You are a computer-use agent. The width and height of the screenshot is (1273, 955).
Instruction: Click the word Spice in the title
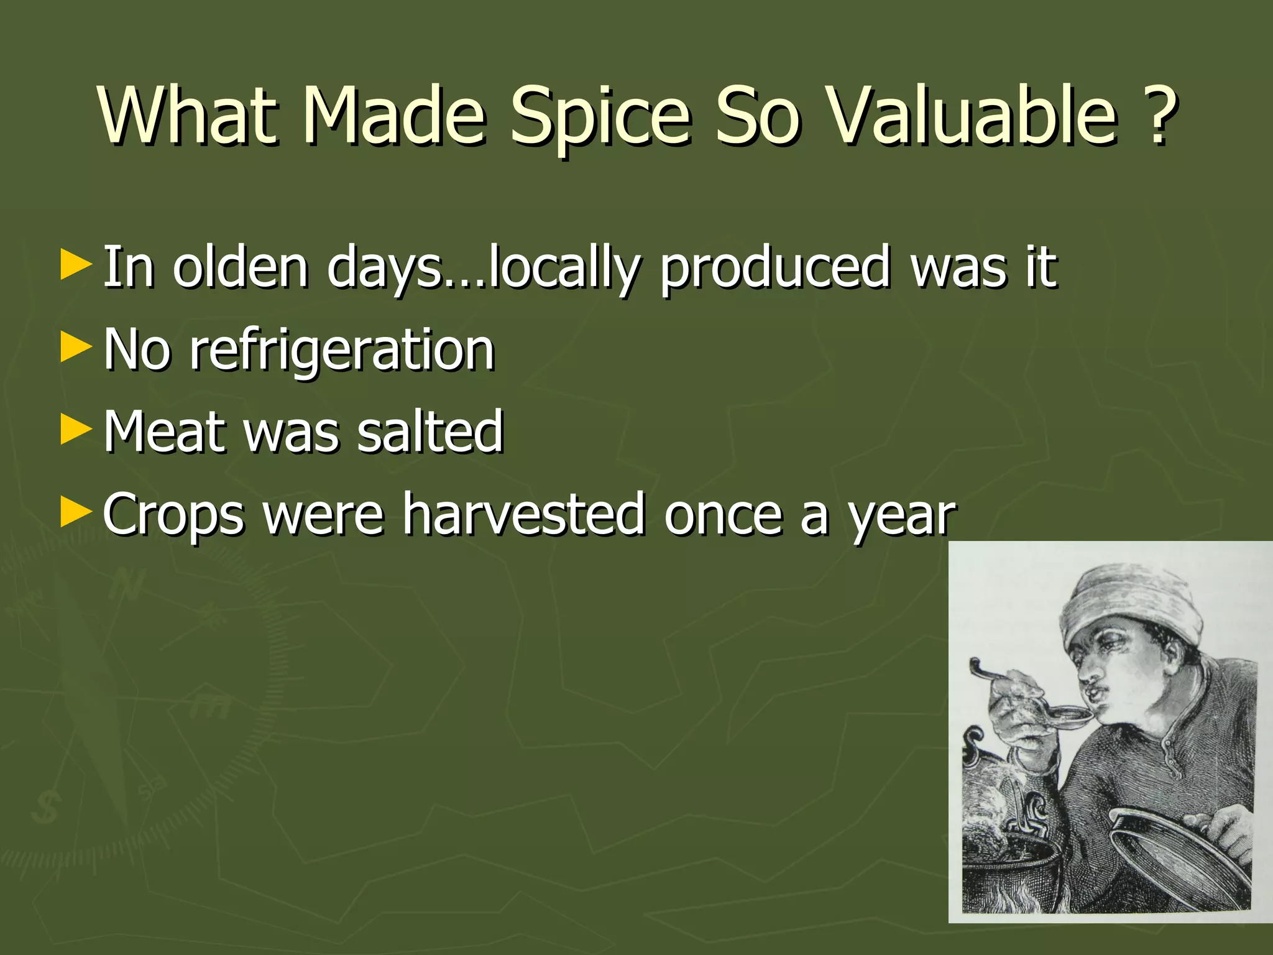coord(600,118)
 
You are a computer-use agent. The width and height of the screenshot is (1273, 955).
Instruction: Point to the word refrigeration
coord(342,350)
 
